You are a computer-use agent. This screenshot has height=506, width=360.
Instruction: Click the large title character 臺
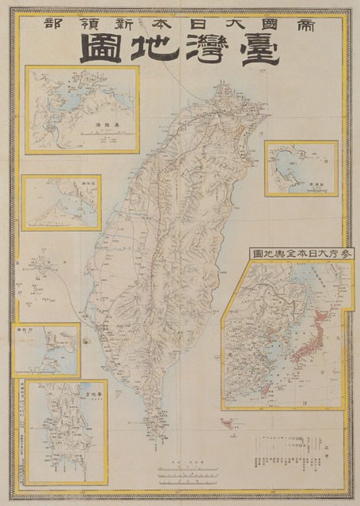pyautogui.click(x=267, y=51)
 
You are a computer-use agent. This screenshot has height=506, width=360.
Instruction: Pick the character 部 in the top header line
pyautogui.click(x=42, y=24)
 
